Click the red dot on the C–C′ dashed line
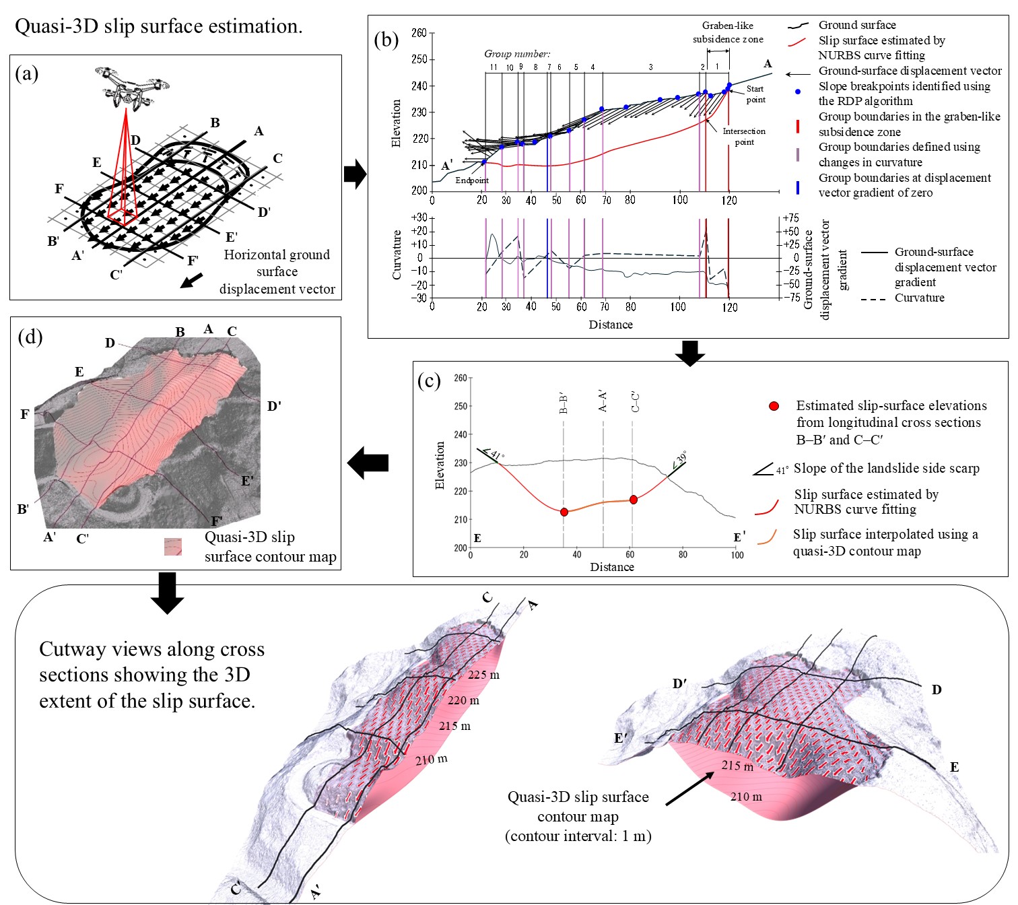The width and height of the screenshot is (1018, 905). tap(633, 500)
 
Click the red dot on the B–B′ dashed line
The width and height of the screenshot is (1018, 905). tap(564, 512)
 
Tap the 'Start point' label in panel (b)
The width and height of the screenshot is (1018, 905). tap(755, 94)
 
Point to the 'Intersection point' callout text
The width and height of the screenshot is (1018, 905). tap(744, 136)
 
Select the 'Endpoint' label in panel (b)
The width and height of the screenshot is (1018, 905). tap(471, 180)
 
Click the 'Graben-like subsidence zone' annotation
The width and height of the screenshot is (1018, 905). tap(728, 32)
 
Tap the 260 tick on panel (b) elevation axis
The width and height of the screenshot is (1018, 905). tap(419, 33)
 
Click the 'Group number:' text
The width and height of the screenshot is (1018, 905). tap(517, 54)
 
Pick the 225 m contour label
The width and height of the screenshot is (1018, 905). tap(483, 675)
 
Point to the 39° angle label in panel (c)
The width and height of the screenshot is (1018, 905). tap(681, 458)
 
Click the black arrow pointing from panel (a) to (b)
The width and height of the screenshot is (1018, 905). tap(355, 174)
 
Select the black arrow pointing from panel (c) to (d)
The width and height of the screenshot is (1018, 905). tap(368, 463)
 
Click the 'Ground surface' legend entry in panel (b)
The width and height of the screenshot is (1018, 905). tap(856, 25)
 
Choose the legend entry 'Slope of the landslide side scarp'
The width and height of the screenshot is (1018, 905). tap(886, 469)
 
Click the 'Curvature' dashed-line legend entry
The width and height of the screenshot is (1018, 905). tap(919, 298)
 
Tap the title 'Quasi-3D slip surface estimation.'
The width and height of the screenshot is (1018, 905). tap(159, 27)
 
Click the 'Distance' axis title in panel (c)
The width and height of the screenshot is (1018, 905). tap(611, 567)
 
